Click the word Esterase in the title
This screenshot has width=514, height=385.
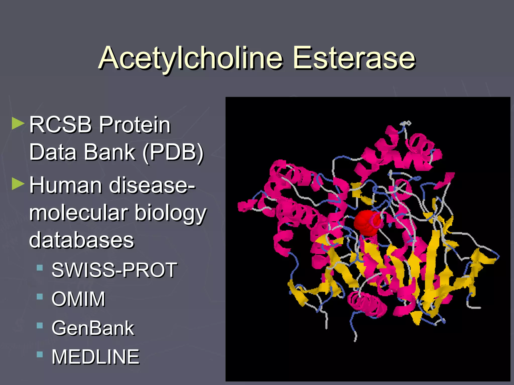tap(354, 58)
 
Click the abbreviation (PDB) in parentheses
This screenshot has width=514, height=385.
tap(173, 152)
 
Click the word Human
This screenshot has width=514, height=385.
tap(66, 185)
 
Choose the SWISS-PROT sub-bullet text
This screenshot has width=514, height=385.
tap(114, 270)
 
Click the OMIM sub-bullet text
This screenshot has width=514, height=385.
tap(78, 299)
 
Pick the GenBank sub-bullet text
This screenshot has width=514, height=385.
tap(93, 328)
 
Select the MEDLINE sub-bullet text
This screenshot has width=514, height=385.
tap(95, 357)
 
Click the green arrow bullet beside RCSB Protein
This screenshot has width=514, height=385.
tap(18, 123)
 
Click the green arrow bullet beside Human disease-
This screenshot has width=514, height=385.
tap(18, 184)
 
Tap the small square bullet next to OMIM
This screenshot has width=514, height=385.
tap(40, 297)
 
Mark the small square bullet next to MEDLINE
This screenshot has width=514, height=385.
tap(40, 354)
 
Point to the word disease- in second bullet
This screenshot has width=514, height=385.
tap(152, 185)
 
